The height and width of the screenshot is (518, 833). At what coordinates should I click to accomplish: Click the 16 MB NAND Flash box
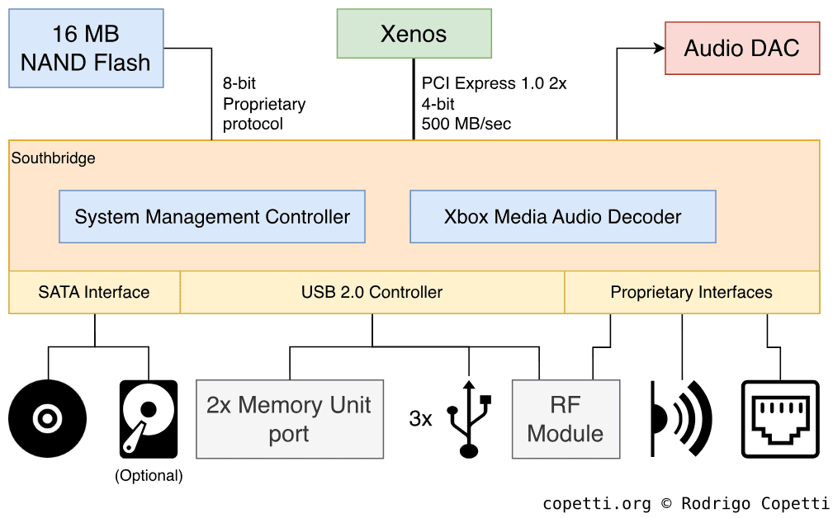tap(86, 48)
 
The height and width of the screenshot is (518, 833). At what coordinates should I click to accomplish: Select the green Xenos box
tap(414, 34)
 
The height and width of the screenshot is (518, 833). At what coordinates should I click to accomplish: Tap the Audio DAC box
tap(741, 48)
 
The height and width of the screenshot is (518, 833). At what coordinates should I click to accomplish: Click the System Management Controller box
tap(212, 217)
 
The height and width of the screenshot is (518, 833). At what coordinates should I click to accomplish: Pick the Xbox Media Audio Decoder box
tap(562, 217)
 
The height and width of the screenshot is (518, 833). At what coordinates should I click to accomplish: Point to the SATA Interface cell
tap(94, 292)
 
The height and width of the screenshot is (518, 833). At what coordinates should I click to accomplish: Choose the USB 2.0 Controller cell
tap(372, 292)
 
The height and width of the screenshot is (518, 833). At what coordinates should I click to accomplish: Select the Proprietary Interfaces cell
tap(691, 292)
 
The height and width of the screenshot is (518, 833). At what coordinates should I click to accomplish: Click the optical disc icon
tap(48, 418)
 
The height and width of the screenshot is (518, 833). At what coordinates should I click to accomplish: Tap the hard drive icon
tap(149, 418)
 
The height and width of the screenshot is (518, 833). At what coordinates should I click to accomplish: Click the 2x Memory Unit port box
tap(289, 419)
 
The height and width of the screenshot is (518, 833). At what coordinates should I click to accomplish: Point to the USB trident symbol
tap(469, 418)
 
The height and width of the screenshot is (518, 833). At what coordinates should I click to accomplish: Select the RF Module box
tap(566, 419)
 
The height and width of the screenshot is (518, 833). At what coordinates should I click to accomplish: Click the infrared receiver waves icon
tap(681, 418)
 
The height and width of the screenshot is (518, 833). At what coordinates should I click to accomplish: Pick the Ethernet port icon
tap(780, 418)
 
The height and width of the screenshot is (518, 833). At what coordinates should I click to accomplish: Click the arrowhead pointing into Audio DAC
tap(659, 48)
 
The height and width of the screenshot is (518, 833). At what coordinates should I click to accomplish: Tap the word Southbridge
tap(54, 158)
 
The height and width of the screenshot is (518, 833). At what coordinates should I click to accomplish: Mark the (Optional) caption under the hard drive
tap(149, 476)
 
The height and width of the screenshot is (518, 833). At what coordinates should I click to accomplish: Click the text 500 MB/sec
tap(466, 124)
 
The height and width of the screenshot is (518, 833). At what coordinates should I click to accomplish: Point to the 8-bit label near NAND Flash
tap(239, 83)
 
